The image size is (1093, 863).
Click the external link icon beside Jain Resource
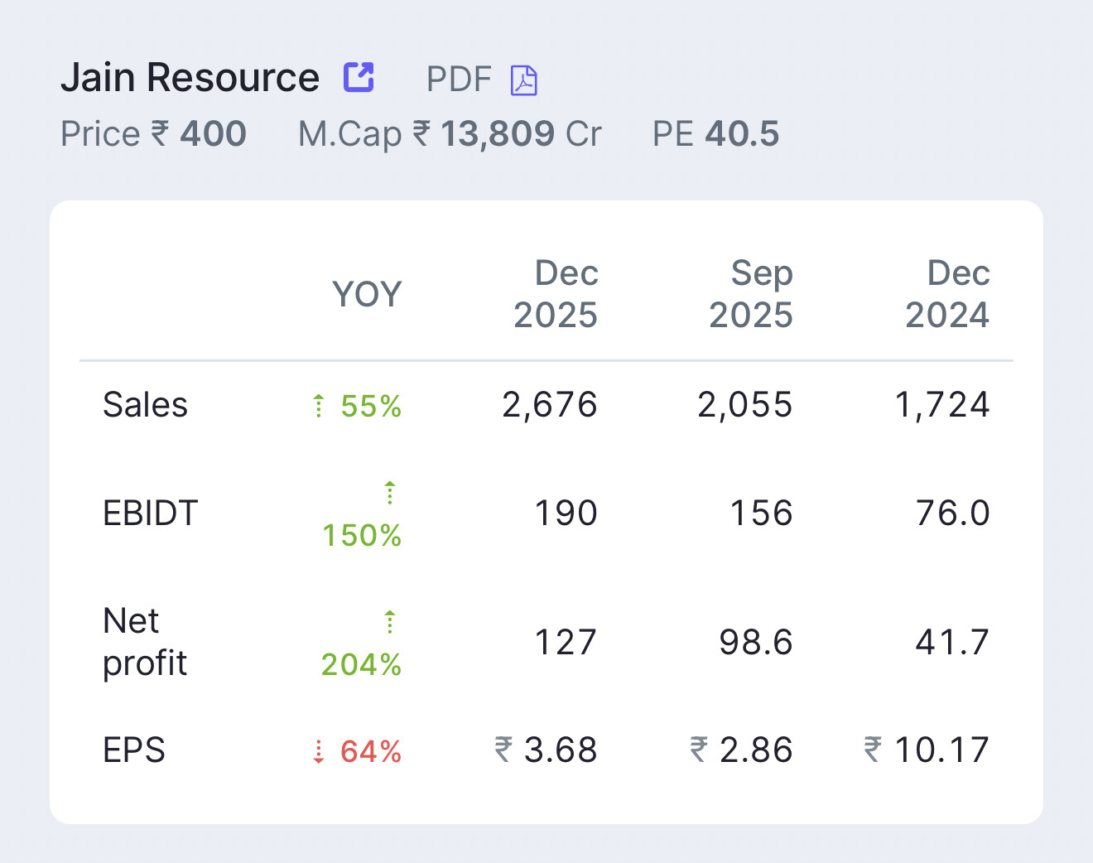pos(359,78)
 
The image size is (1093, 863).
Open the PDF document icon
pos(524,80)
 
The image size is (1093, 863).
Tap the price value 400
pos(213,134)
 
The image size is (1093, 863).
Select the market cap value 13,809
pos(497,134)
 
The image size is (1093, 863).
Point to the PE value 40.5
pos(742,134)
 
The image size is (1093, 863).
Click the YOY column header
pos(367,294)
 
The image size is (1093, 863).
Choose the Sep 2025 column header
pos(751,294)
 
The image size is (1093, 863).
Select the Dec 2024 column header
pos(947,294)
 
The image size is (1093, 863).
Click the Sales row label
pos(145,405)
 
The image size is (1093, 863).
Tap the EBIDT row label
pos(150,513)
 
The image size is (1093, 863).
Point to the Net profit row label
pos(145,642)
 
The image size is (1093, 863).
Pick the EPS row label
pos(134,750)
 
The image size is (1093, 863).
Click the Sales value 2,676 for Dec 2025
pos(550,405)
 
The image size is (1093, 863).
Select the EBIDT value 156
pos(761,513)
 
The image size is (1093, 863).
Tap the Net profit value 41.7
pos(952,642)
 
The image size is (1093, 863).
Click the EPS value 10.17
pos(941,750)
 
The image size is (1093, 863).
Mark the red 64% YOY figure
pos(371,752)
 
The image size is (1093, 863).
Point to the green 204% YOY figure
pos(362,664)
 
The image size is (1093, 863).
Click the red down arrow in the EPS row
pos(319,752)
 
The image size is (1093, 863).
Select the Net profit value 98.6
pos(756,642)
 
